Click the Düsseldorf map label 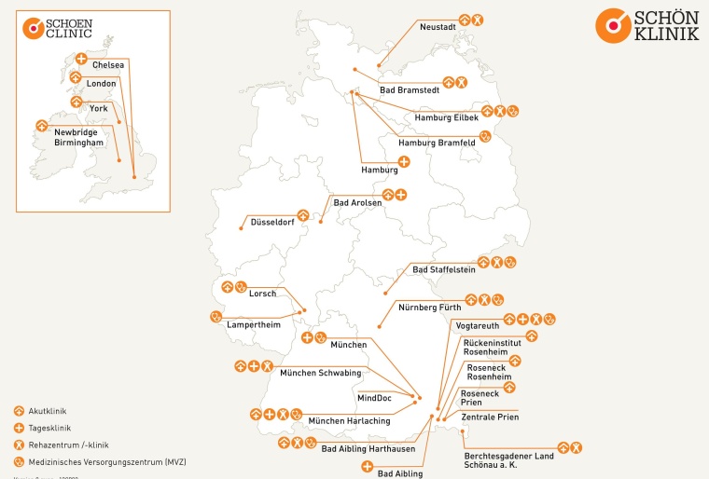click(x=272, y=223)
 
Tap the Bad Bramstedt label click(x=410, y=90)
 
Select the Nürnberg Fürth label click(x=430, y=307)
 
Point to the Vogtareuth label click(x=478, y=325)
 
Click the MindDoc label click(x=374, y=398)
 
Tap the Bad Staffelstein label click(x=444, y=269)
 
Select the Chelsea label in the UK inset click(x=108, y=65)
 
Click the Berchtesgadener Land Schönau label click(x=508, y=459)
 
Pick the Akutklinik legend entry click(x=48, y=411)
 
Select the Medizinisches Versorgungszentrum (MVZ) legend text click(x=93, y=461)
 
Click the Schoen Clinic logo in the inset click(x=58, y=29)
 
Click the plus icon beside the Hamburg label click(x=404, y=162)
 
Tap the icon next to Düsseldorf click(x=302, y=213)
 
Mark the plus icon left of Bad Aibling click(x=367, y=465)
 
